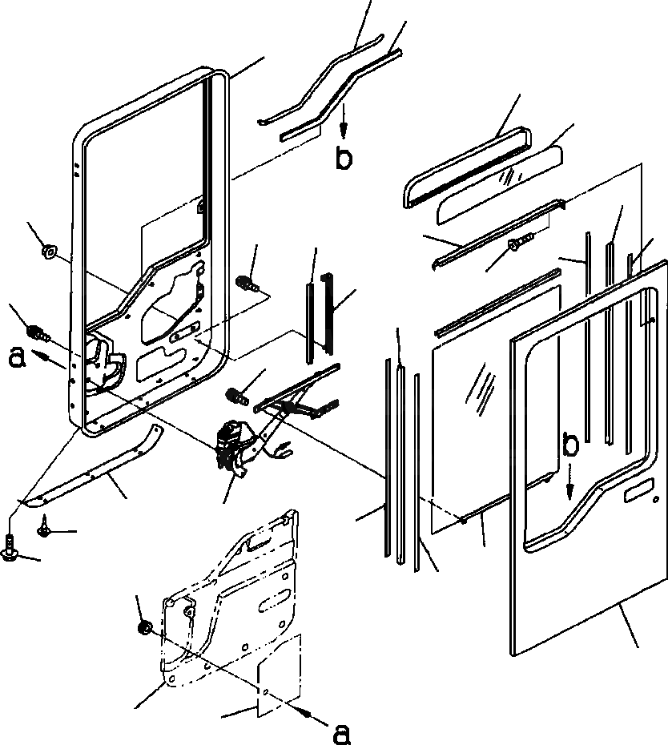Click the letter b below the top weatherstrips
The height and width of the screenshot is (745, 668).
coord(343,159)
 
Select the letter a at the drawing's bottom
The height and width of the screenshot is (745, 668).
coord(341,731)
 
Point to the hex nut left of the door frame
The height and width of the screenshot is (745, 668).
coord(47,253)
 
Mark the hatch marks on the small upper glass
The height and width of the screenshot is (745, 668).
coord(506,177)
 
